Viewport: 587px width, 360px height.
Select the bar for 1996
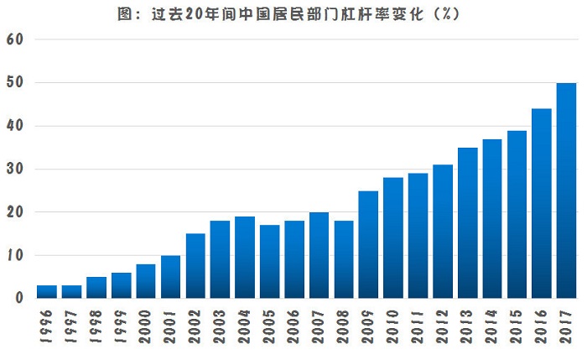click(47, 292)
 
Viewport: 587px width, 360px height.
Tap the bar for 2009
click(368, 244)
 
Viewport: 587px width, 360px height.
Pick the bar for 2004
click(245, 257)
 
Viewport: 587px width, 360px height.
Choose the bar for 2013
click(468, 222)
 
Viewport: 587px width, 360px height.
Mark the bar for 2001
click(171, 277)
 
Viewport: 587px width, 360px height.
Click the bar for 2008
click(344, 259)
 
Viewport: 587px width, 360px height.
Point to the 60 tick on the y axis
click(15, 39)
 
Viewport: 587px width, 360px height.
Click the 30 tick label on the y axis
click(15, 170)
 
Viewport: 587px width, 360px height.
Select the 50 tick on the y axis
click(15, 83)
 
